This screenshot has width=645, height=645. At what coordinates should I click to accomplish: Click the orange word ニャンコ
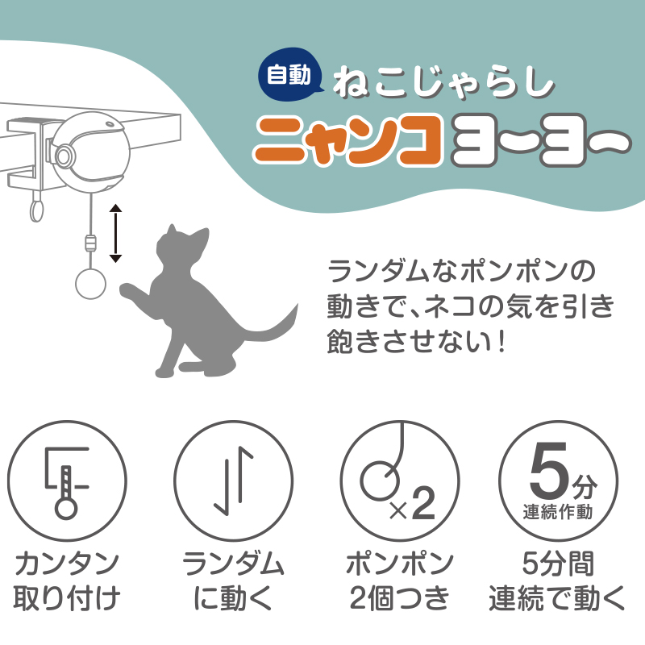pos(347,139)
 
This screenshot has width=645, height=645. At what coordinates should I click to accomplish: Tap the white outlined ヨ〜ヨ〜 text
pos(535,139)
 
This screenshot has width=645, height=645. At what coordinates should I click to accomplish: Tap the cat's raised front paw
pos(130,292)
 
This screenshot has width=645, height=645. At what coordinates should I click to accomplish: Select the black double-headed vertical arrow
pos(115,234)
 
